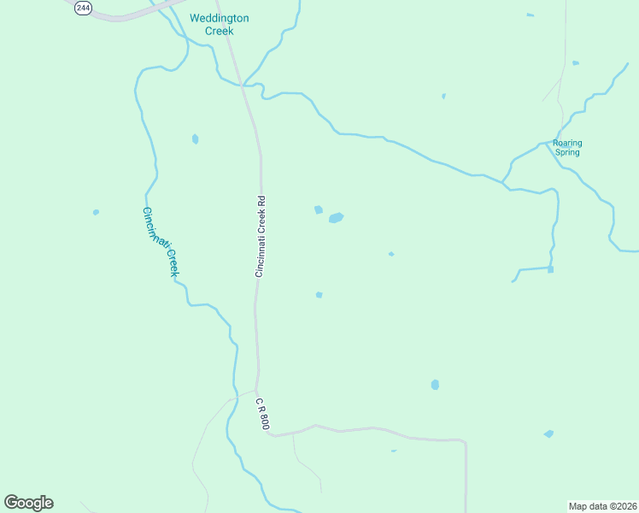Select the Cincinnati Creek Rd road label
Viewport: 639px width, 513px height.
(261, 236)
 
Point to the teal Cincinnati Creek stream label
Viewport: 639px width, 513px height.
(161, 242)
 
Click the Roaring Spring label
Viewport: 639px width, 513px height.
(566, 148)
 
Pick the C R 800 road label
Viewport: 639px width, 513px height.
(263, 414)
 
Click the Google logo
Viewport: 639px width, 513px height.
(28, 503)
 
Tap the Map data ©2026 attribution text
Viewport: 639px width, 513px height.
(603, 505)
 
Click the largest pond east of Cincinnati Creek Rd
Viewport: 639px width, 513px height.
(336, 218)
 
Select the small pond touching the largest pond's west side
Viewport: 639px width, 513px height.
(319, 209)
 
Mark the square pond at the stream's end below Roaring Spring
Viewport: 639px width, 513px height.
(551, 269)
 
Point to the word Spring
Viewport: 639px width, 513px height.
(567, 153)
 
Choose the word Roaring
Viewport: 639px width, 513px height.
(567, 143)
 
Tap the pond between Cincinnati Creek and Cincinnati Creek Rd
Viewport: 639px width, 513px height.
(196, 139)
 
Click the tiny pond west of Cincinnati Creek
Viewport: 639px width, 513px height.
(96, 212)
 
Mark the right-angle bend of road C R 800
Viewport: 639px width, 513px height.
(464, 443)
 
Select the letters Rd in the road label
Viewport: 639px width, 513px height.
(261, 202)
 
